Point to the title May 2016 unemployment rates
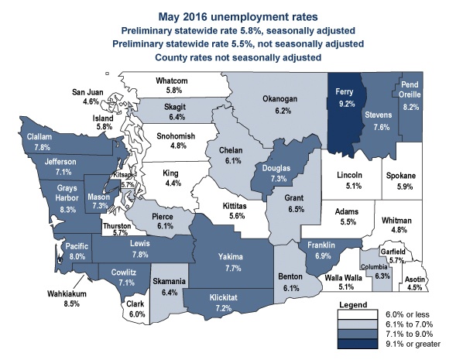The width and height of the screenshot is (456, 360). click(228, 15)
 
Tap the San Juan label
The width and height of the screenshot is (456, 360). click(90, 91)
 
